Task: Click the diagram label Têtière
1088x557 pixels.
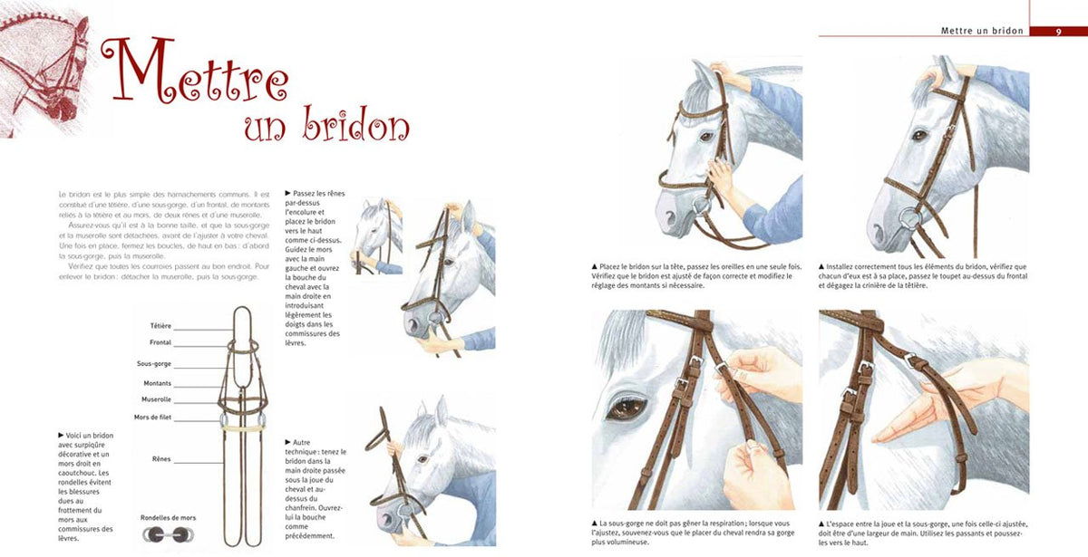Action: tap(160, 326)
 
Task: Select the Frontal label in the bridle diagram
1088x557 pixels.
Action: tap(160, 342)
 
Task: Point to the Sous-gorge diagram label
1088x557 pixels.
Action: tap(154, 364)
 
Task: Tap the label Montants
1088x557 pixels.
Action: tap(158, 383)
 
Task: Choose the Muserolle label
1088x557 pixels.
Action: tap(156, 399)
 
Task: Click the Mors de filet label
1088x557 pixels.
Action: tap(152, 418)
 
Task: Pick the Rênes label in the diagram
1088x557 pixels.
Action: tap(161, 459)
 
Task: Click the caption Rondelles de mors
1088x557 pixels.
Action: tap(168, 518)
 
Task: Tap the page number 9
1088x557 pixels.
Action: tap(1058, 32)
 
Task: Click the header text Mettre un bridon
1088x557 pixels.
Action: tap(982, 31)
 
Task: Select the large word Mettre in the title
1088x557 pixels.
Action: tap(195, 70)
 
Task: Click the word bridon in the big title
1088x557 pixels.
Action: tap(356, 125)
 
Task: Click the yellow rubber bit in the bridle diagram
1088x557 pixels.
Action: tap(243, 427)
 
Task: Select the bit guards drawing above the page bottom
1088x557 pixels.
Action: tap(168, 534)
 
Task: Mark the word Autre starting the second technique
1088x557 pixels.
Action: tap(301, 443)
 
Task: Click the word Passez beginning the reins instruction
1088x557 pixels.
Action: tap(304, 193)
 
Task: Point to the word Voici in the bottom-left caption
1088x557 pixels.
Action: tap(74, 436)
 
